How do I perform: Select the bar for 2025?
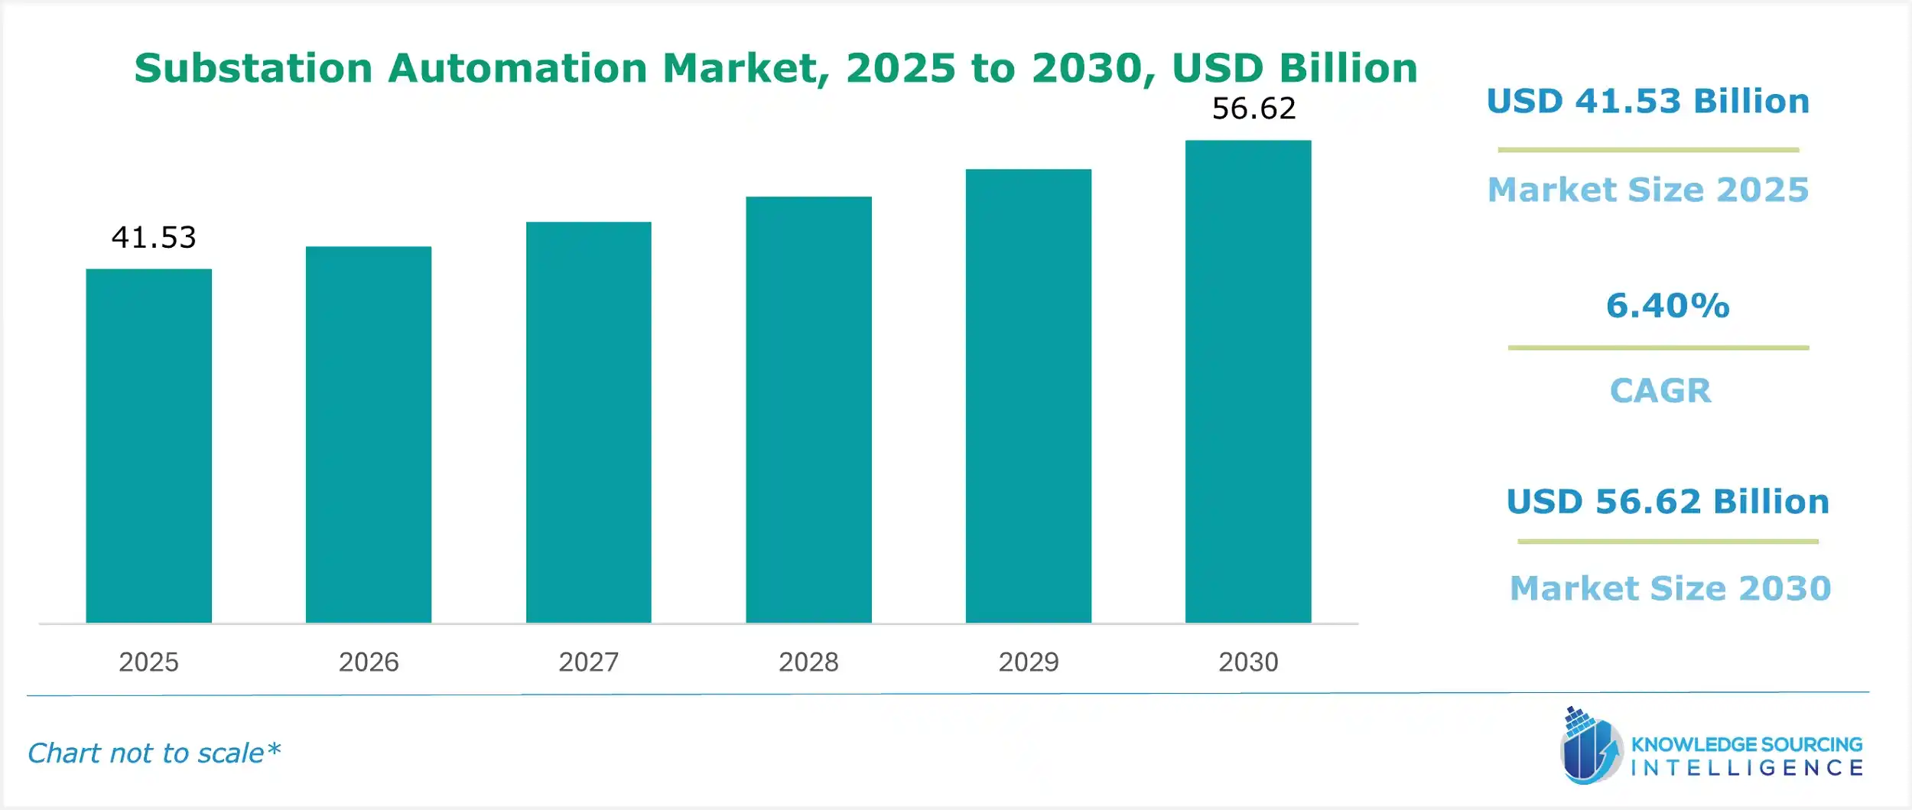point(148,446)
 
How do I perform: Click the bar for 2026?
point(369,434)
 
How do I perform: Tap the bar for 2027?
point(588,422)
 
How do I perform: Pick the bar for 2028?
point(808,410)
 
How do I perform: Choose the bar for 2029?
point(1028,396)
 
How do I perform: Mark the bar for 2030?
point(1248,382)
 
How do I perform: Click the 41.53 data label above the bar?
point(154,237)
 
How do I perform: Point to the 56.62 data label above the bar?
point(1254,109)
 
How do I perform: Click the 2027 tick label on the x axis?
point(588,662)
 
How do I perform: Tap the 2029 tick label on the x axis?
point(1028,662)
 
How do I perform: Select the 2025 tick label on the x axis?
point(148,662)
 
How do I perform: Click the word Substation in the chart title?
point(253,68)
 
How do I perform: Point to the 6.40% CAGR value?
point(1667,306)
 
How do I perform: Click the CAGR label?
point(1660,391)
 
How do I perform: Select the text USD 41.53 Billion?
point(1648,101)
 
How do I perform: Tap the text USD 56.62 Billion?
point(1667,502)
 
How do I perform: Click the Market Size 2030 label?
point(1670,588)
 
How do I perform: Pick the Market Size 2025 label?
point(1648,190)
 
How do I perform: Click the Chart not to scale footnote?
point(154,753)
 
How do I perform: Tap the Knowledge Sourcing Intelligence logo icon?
point(1591,747)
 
